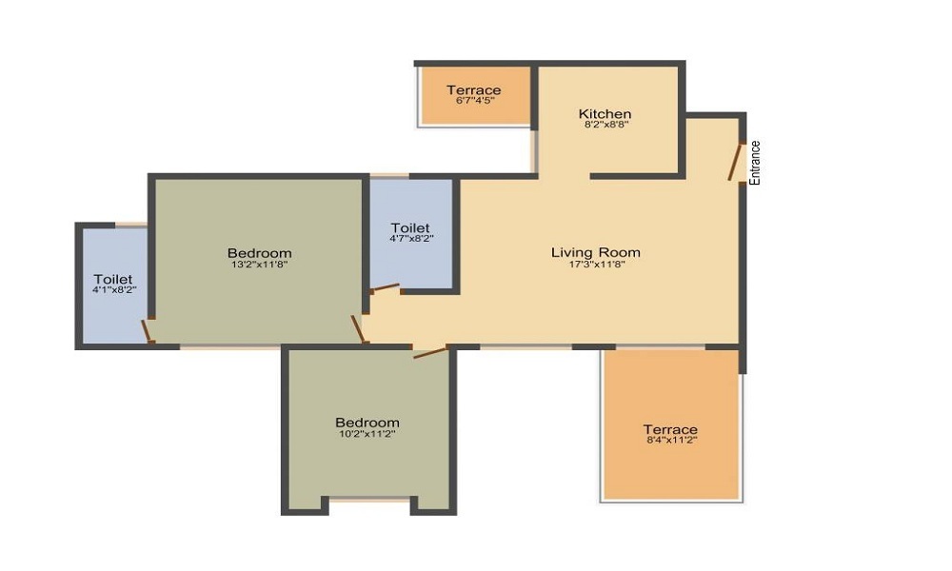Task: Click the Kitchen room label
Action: [x=605, y=114]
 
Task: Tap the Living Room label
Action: [x=596, y=252]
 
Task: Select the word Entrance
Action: [x=755, y=163]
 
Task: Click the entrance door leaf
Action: [x=736, y=162]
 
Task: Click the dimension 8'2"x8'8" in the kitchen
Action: [x=605, y=125]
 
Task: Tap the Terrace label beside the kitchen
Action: [x=474, y=90]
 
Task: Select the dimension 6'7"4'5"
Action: [x=474, y=101]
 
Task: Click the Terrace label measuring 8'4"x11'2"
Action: [x=670, y=429]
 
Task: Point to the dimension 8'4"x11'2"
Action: [x=670, y=441]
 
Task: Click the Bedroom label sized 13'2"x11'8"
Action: [x=260, y=252]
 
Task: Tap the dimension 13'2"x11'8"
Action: [x=260, y=265]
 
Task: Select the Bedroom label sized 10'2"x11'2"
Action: [x=367, y=423]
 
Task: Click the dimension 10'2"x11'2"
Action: [x=367, y=434]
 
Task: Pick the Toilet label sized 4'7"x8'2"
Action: [x=410, y=228]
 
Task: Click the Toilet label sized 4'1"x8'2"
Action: [x=112, y=279]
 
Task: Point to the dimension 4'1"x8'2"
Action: [x=112, y=290]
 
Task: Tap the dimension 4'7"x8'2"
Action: [x=410, y=240]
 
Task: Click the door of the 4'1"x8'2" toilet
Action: [x=147, y=331]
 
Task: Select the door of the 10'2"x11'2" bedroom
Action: [x=430, y=353]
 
